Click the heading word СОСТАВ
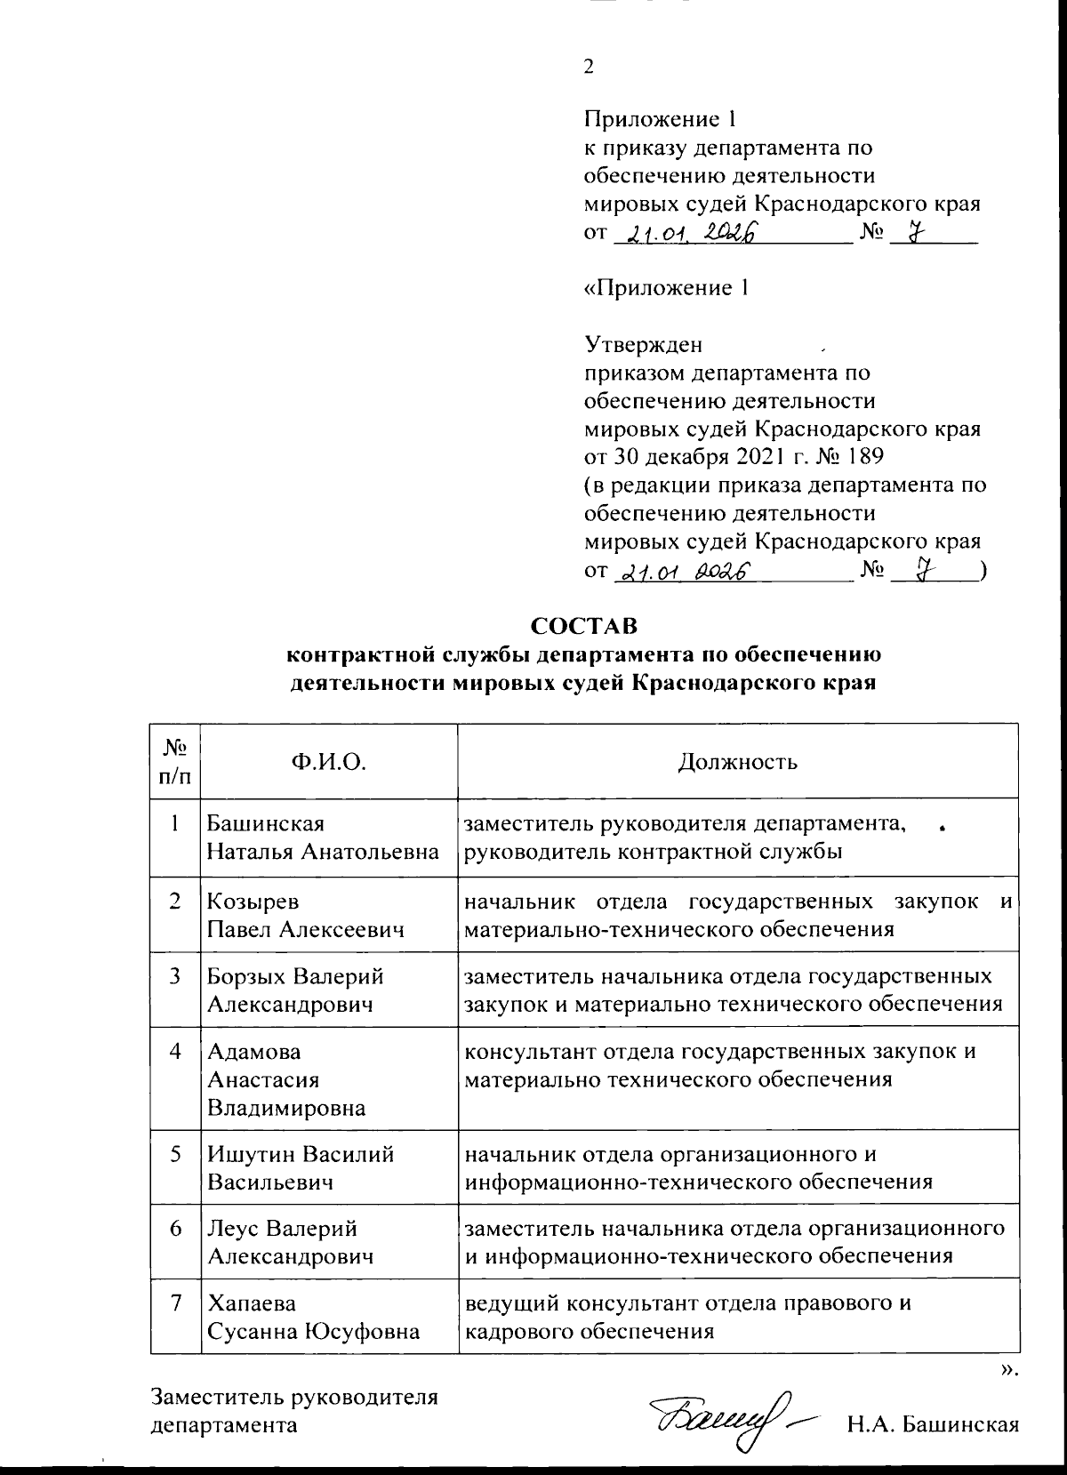(584, 625)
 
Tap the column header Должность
(737, 761)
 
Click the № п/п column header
(175, 761)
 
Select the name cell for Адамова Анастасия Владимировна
(286, 1079)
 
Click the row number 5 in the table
(177, 1154)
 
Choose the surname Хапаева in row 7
(252, 1303)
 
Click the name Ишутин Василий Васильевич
(300, 1168)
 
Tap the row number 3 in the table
(177, 976)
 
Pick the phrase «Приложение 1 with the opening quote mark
(665, 288)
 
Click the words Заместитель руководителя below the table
(295, 1396)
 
